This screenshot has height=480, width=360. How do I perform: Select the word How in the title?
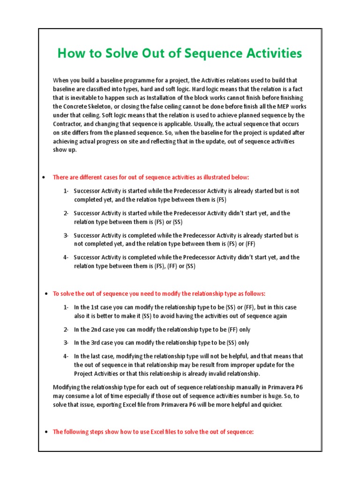point(68,54)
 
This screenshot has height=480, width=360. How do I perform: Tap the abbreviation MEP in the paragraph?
point(278,106)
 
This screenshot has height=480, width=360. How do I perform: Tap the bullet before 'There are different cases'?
point(43,178)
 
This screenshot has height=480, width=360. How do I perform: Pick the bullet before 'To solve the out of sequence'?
point(45,294)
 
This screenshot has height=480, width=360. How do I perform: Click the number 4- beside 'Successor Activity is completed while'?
point(66,257)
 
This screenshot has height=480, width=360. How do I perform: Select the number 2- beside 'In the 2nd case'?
point(66,330)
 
